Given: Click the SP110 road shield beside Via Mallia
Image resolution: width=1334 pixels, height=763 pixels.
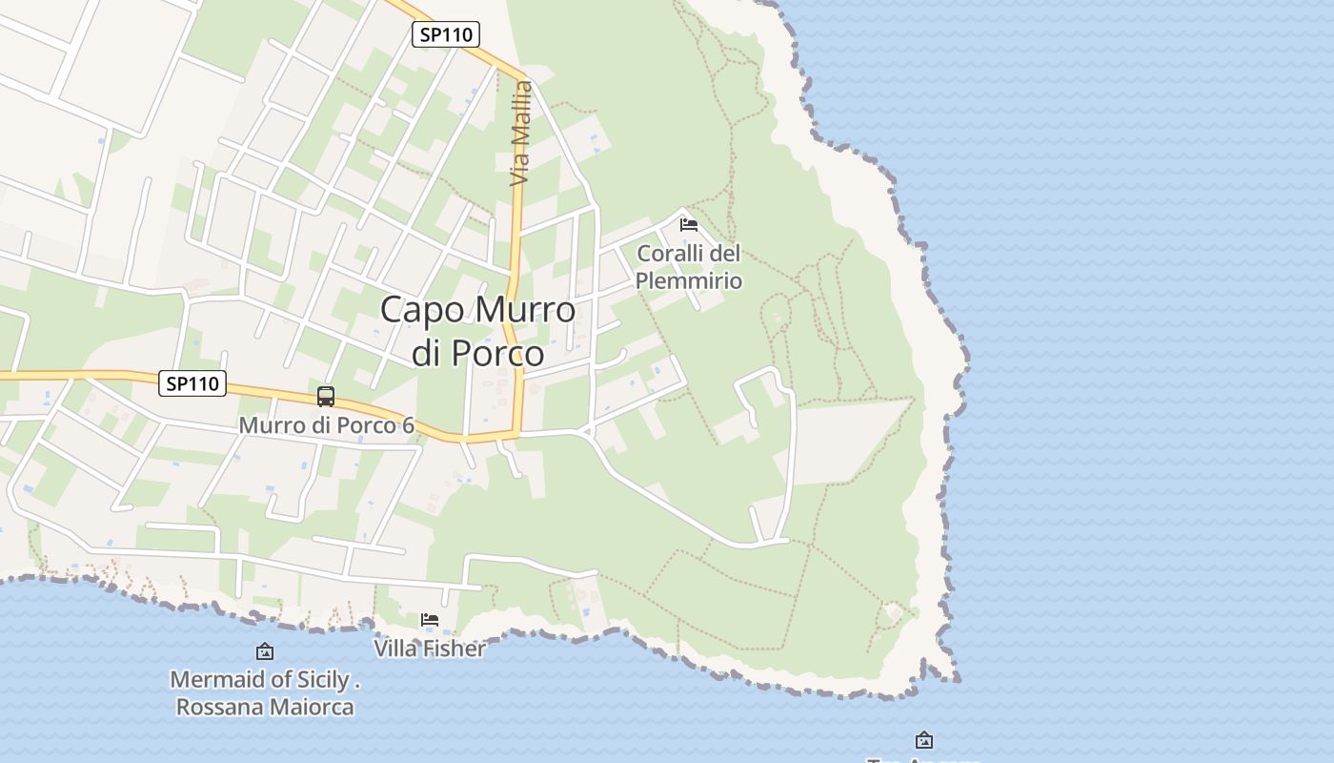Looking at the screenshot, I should (446, 34).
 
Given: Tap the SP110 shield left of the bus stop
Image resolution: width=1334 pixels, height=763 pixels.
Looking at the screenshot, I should (192, 383).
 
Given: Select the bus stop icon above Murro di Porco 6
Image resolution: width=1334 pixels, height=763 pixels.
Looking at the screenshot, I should (326, 396).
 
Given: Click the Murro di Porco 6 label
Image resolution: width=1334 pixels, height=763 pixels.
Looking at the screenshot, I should (326, 424).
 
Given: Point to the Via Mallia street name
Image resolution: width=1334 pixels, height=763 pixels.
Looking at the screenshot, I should (520, 134).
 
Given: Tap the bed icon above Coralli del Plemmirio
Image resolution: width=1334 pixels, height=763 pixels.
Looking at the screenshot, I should (689, 225).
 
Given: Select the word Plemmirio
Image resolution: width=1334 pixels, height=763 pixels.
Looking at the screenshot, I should (688, 280).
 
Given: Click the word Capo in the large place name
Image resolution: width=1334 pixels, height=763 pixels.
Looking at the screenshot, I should (423, 310).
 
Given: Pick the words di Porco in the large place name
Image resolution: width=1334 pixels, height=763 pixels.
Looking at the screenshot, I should (477, 353).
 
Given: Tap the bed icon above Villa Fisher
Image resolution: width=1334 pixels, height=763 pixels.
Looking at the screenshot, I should (430, 620).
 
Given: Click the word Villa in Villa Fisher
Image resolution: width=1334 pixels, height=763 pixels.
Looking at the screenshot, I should (395, 649).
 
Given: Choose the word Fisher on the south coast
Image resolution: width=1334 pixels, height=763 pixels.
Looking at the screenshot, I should (454, 649).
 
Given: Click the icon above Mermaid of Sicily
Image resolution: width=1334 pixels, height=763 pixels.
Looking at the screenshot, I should (265, 651).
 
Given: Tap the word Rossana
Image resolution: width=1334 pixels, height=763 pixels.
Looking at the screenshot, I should (217, 707).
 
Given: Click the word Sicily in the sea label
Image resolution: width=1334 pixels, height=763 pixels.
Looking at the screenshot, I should (324, 680).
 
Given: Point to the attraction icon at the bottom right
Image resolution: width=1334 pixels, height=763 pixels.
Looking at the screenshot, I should (923, 740).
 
